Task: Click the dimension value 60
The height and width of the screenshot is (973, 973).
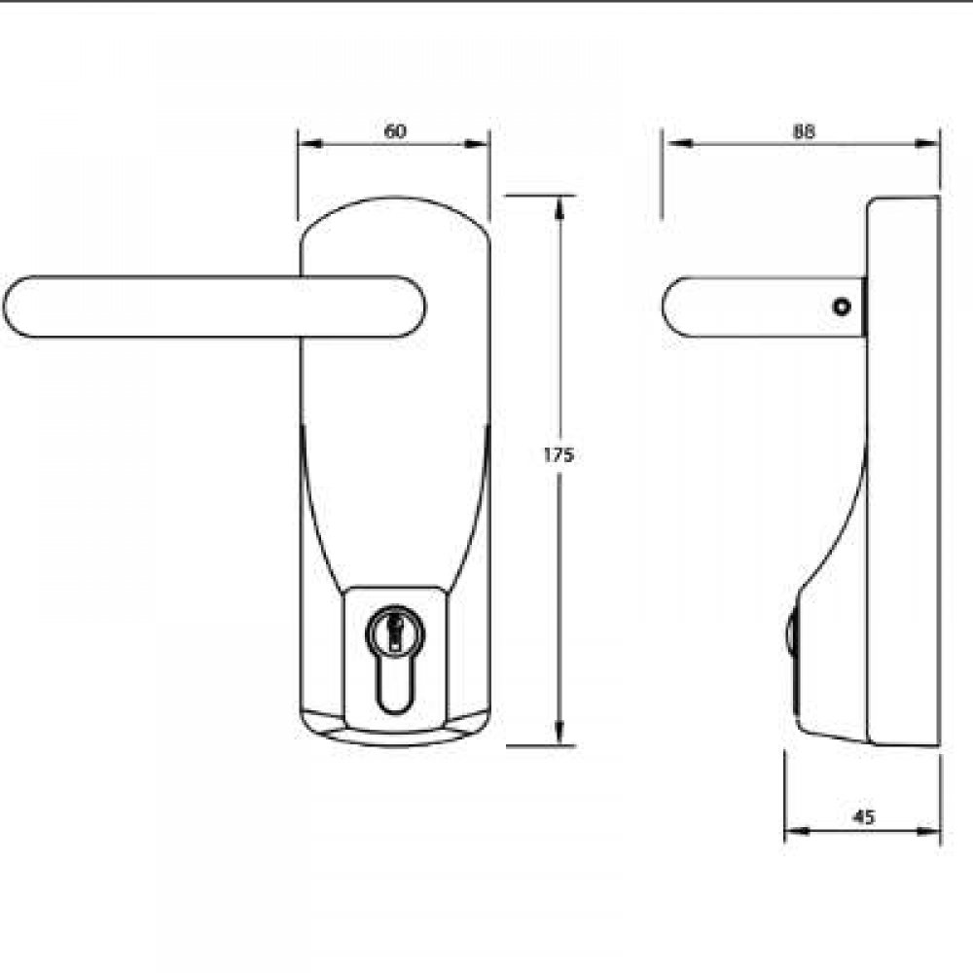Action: pos(395,131)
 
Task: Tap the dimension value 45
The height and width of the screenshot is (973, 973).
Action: pos(863,817)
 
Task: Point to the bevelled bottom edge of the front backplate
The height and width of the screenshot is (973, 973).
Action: pos(394,736)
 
